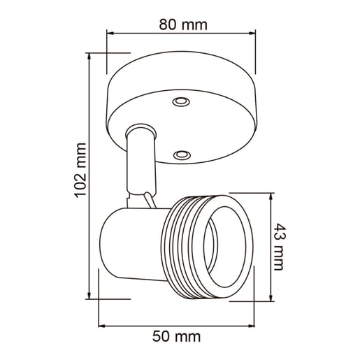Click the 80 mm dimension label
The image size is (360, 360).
tap(183, 24)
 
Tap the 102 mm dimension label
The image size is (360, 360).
tap(80, 171)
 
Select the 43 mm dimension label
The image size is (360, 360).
tap(279, 247)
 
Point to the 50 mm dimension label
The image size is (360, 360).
tap(177, 336)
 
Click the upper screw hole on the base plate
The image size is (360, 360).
tap(180, 102)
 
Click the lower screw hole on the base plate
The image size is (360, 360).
tap(182, 154)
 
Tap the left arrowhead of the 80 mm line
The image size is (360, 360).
tap(110, 34)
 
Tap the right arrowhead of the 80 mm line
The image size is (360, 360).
tap(252, 34)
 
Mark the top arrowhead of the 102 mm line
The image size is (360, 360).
tap(89, 57)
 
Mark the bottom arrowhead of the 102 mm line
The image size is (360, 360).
tap(89, 296)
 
